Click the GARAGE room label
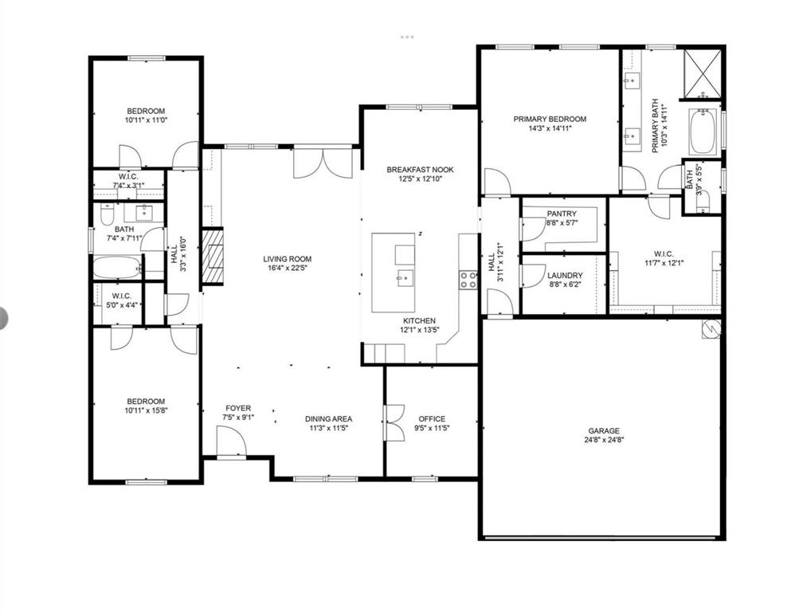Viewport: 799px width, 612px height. pos(603,430)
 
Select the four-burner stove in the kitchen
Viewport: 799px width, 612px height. pos(468,279)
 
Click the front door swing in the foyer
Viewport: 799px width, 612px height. pos(231,441)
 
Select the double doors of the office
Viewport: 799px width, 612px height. pos(394,422)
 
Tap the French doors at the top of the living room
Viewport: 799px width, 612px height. pos(323,163)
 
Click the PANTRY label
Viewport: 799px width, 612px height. pos(562,214)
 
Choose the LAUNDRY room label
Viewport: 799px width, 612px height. pos(563,276)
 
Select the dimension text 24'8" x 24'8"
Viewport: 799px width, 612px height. pos(603,440)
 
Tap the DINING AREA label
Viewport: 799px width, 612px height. pos(328,418)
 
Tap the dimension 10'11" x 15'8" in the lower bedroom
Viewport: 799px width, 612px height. pos(146,410)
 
